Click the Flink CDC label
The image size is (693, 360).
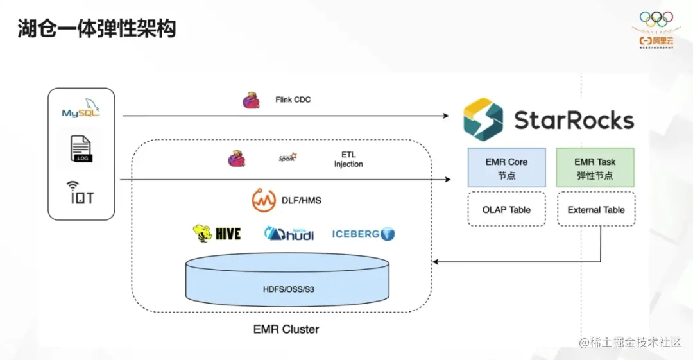click(293, 99)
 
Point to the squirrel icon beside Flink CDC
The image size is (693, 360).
click(251, 100)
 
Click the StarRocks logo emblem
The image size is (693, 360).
click(483, 119)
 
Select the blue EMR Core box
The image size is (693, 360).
click(506, 168)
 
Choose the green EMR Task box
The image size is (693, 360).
click(595, 168)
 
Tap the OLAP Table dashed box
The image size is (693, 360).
click(506, 209)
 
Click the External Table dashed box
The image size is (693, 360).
click(596, 209)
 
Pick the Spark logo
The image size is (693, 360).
click(287, 157)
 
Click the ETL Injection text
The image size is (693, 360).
click(348, 160)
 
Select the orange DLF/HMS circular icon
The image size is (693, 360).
click(264, 201)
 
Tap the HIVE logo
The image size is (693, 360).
click(217, 234)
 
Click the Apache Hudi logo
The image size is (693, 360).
click(289, 234)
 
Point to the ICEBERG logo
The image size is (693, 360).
click(363, 234)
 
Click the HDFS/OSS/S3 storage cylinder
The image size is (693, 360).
click(287, 279)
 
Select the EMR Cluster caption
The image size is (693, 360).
click(286, 329)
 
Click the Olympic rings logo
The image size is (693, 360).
click(656, 19)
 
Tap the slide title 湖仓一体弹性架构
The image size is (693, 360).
click(97, 29)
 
